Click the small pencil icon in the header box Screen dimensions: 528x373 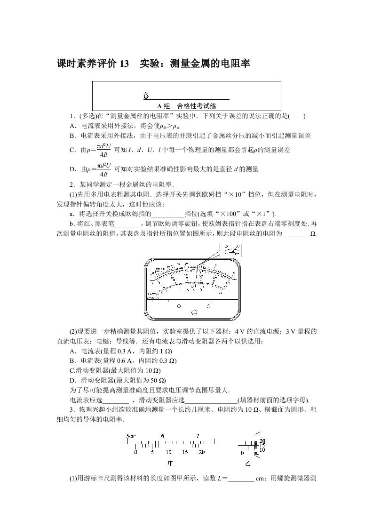point(146,96)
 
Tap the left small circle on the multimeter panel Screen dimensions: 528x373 point(178,305)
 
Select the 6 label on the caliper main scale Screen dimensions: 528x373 point(162,436)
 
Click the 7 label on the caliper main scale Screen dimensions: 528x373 point(198,436)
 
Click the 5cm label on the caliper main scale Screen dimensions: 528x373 point(130,436)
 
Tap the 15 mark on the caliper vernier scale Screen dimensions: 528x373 point(185,452)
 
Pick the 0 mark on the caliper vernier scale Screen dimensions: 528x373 point(135,452)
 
